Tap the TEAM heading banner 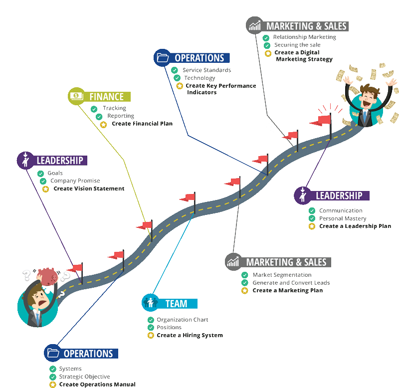[x=177, y=303]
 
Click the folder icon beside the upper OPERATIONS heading [x=163, y=58]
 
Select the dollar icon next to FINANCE [x=76, y=96]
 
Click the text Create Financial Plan [x=142, y=124]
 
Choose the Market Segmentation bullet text [x=282, y=275]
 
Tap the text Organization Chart [x=183, y=320]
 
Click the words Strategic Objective [x=84, y=377]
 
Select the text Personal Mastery [x=343, y=218]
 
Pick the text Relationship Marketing [x=305, y=37]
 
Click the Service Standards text [x=206, y=70]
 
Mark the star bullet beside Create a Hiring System [x=151, y=335]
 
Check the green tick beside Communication [x=312, y=211]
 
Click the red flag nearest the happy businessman [x=322, y=120]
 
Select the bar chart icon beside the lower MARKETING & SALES [x=233, y=261]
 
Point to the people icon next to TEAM [x=150, y=302]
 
